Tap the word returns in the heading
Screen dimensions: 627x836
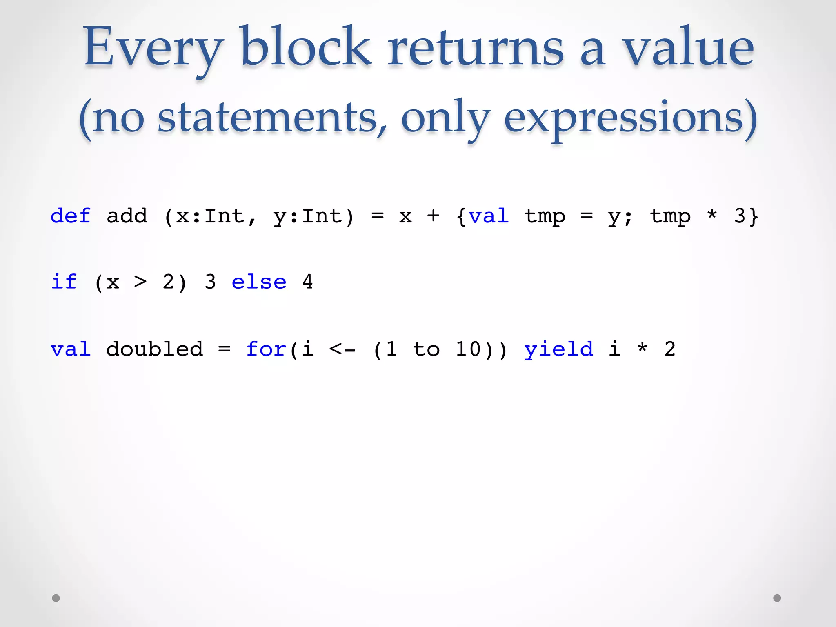click(475, 48)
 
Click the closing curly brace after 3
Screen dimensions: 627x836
click(754, 216)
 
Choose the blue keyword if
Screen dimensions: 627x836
click(64, 282)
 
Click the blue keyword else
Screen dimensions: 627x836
click(259, 282)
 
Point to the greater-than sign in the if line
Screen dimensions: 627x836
click(140, 282)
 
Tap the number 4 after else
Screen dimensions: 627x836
click(308, 282)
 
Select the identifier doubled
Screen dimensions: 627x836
click(154, 349)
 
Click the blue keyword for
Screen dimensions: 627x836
click(266, 349)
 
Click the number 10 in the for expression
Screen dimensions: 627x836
click(468, 349)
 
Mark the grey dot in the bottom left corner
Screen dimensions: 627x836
click(56, 598)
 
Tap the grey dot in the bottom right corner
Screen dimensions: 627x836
click(777, 598)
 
